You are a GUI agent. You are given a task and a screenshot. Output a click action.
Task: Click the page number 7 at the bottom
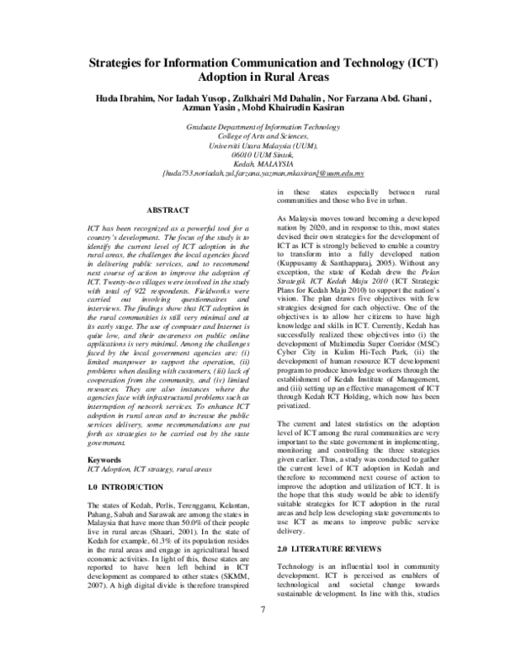click(x=263, y=634)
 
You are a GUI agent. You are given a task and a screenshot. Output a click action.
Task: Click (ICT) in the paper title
click(x=418, y=64)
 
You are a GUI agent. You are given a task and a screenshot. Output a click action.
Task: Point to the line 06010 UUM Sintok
click(x=252, y=154)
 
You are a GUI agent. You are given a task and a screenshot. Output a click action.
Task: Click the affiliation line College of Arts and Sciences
click(x=252, y=135)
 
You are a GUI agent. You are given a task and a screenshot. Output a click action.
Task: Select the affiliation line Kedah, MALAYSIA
click(x=252, y=163)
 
